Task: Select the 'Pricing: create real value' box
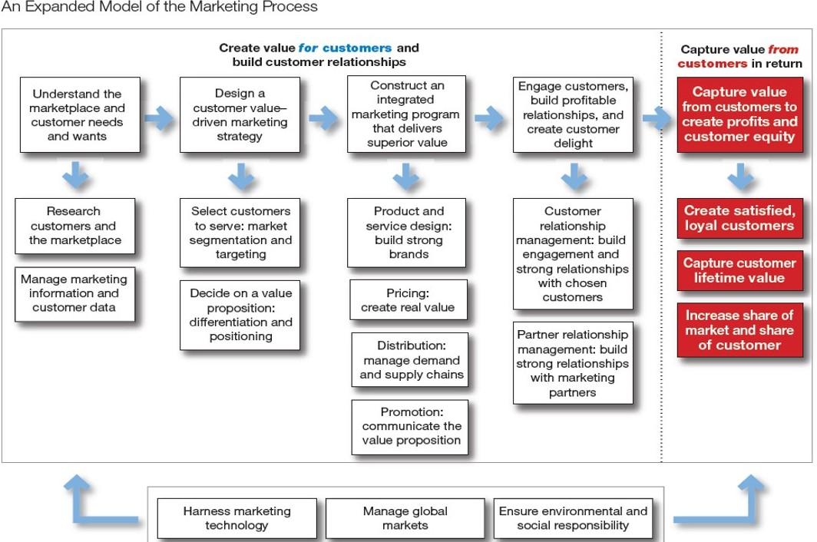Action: point(408,300)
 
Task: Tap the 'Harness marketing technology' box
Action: point(237,518)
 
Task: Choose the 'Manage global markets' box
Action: point(405,518)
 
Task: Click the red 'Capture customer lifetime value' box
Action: point(739,270)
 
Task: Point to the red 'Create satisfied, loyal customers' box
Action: point(739,218)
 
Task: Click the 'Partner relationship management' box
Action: point(572,363)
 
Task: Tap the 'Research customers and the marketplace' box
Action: point(74,226)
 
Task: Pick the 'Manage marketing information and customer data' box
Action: point(74,293)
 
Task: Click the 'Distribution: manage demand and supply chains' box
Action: point(411,360)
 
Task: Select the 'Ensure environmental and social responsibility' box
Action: point(573,518)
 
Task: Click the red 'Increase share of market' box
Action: point(739,330)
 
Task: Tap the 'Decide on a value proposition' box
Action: point(240,315)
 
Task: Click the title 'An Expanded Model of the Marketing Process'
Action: point(159,8)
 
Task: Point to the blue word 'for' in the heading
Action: point(308,48)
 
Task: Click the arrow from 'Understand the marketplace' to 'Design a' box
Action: point(160,117)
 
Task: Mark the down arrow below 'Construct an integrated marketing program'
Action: point(406,177)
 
